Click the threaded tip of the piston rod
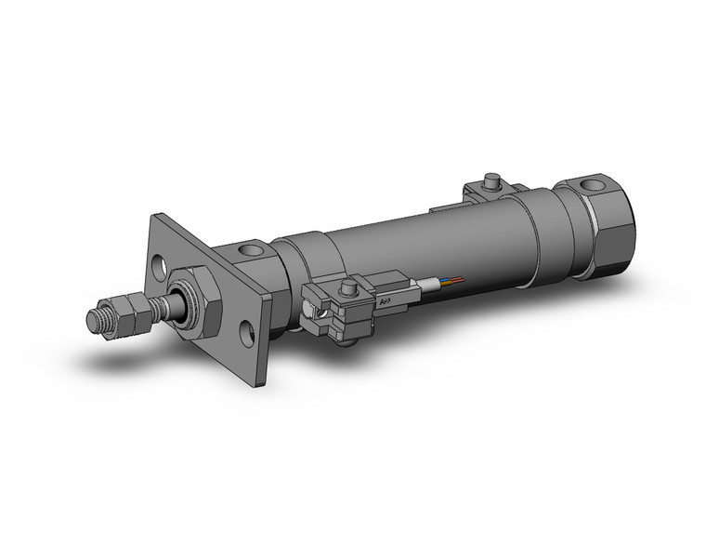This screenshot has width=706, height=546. [94, 319]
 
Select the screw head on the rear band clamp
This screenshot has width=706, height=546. [490, 180]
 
